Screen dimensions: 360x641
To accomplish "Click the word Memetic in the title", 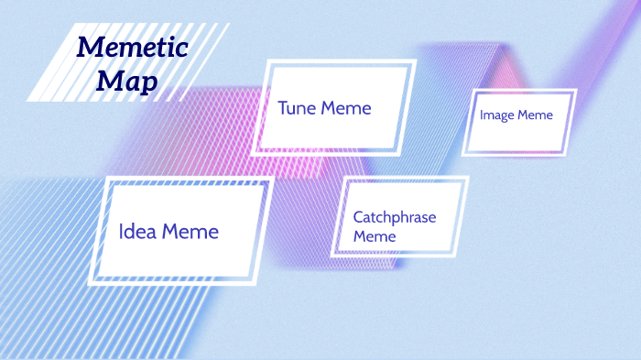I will (132, 47).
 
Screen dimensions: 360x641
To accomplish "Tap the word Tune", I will (298, 108).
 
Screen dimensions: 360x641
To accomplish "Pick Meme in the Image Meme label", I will (536, 115).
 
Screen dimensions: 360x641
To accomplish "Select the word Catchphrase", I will (395, 217).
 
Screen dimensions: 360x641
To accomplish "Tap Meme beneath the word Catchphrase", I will (375, 236).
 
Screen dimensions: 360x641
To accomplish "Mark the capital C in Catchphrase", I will (358, 217).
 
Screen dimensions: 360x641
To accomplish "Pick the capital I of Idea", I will (122, 231).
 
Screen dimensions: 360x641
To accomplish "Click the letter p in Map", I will (148, 84).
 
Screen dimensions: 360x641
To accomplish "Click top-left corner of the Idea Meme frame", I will (109, 178).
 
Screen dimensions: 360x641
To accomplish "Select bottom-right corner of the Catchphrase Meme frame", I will (454, 256).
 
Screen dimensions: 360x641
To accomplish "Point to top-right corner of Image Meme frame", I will (576, 90).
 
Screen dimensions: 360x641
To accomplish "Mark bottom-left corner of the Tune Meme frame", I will (251, 154).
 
